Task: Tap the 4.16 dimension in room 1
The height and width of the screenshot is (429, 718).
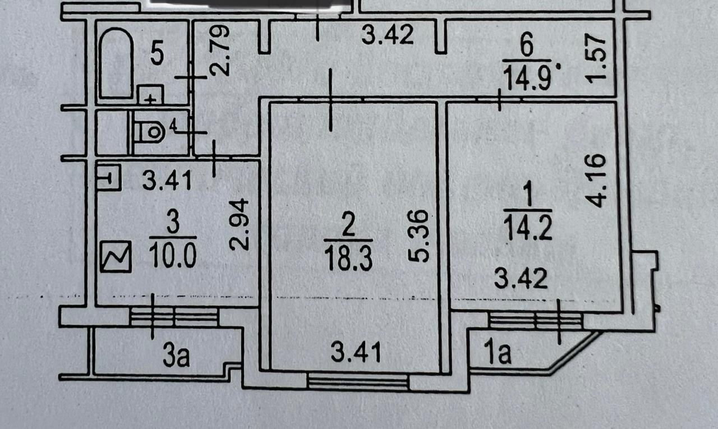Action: pyautogui.click(x=597, y=181)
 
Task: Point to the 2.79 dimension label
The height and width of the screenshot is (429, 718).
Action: pyautogui.click(x=219, y=52)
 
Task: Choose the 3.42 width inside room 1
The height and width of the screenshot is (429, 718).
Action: pyautogui.click(x=521, y=278)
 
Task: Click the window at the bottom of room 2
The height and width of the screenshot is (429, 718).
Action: pyautogui.click(x=358, y=382)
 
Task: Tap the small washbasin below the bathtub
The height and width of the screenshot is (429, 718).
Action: pyautogui.click(x=150, y=95)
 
